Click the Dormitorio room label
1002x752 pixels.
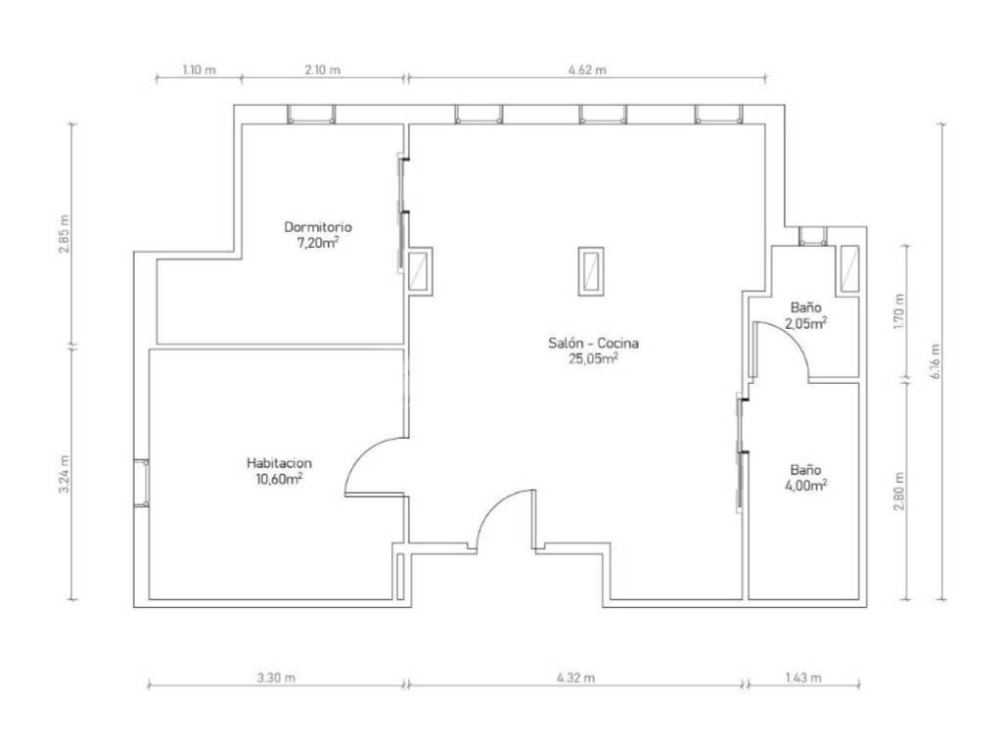coord(318,227)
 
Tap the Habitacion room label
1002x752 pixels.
coord(279,463)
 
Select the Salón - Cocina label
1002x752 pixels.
coord(594,344)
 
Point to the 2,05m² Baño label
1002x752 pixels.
coord(805,316)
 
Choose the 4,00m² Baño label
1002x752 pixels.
coord(805,478)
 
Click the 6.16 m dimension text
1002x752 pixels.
coord(935,362)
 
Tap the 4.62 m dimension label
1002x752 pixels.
coord(587,70)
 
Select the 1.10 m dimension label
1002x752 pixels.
coord(199,70)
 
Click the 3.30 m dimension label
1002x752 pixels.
coord(276,678)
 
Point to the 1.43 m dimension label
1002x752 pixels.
coord(802,678)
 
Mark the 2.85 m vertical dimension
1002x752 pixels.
coord(64,233)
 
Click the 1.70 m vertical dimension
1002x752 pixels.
coord(900,311)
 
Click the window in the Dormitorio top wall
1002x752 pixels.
coord(310,115)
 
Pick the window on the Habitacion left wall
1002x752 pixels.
coord(141,483)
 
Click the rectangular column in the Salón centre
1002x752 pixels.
coord(590,271)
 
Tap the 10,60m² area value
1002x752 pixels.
coord(279,478)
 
